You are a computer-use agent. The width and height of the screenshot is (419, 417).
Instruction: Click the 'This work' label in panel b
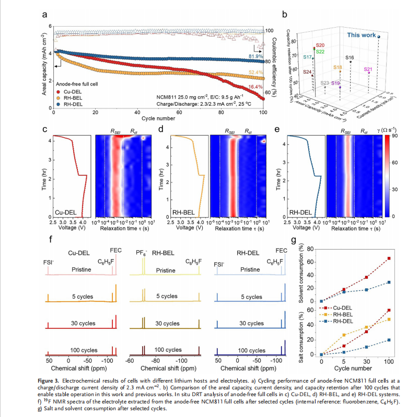(x=360, y=35)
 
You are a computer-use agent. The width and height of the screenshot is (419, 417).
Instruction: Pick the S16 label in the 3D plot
(x=350, y=57)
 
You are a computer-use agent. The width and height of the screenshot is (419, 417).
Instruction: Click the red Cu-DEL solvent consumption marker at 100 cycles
(x=388, y=259)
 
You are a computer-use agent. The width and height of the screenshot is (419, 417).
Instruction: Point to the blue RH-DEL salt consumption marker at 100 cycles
(x=388, y=340)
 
